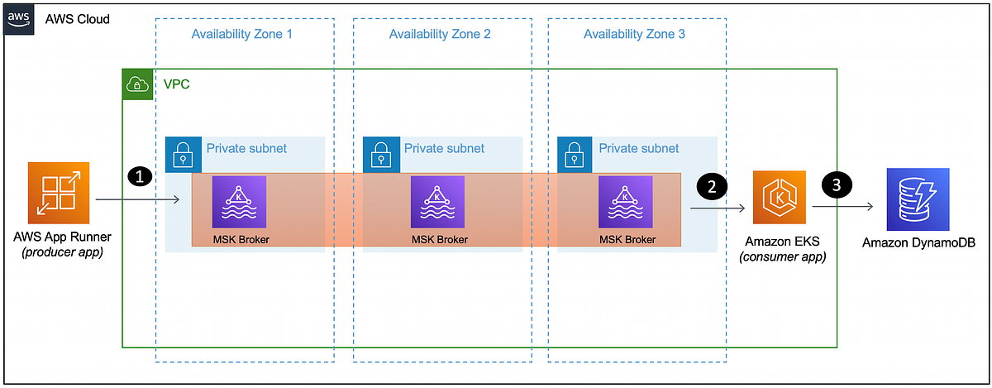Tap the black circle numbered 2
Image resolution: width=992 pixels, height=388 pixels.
click(711, 184)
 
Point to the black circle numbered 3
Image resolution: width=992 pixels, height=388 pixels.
click(837, 185)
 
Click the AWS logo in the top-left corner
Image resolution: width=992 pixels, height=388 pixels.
click(18, 18)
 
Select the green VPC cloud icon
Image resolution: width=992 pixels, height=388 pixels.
click(137, 84)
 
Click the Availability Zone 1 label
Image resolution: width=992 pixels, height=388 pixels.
click(242, 35)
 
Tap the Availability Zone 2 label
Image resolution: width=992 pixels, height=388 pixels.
click(440, 35)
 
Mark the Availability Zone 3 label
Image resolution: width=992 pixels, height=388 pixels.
click(634, 35)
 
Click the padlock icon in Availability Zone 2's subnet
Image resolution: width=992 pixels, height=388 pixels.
click(379, 151)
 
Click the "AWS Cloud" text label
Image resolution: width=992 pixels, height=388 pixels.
click(77, 18)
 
